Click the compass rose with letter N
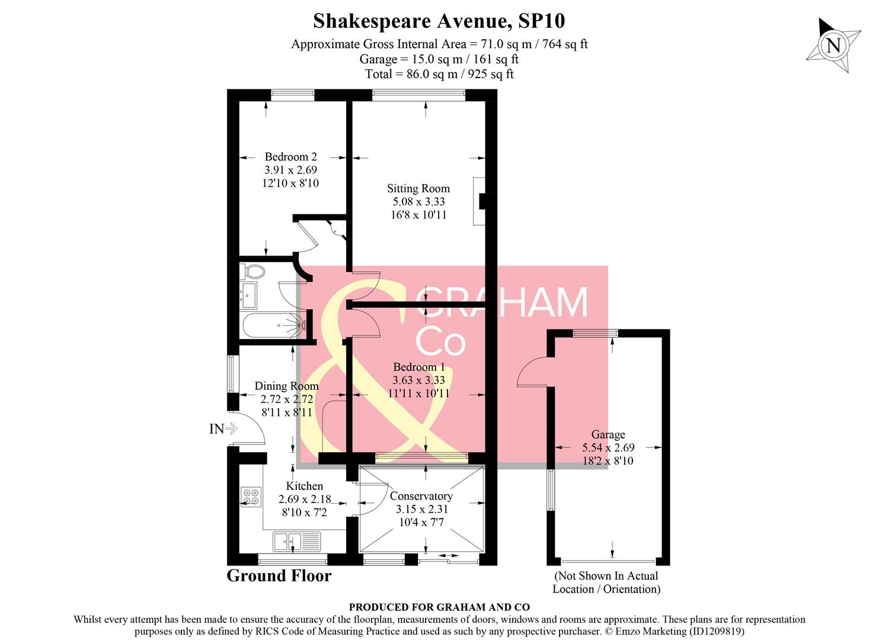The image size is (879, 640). pos(833,46)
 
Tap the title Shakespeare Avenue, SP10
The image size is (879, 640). pos(439,21)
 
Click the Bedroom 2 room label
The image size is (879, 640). pos(290,157)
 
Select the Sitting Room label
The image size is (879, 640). pos(418,188)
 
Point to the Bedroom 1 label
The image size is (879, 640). pos(418,367)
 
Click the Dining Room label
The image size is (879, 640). pos(286,386)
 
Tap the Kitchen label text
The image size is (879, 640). pos(304,486)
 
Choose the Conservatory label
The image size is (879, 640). pos(421,496)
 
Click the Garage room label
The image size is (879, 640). pos(608,434)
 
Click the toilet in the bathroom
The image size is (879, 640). pos(253,272)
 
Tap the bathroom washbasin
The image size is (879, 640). pos(248,295)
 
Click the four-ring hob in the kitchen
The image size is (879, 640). pos(251,496)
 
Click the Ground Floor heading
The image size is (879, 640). pos(279,576)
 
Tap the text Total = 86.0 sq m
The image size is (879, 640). pos(439,74)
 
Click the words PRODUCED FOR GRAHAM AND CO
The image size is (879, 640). pos(439,607)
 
